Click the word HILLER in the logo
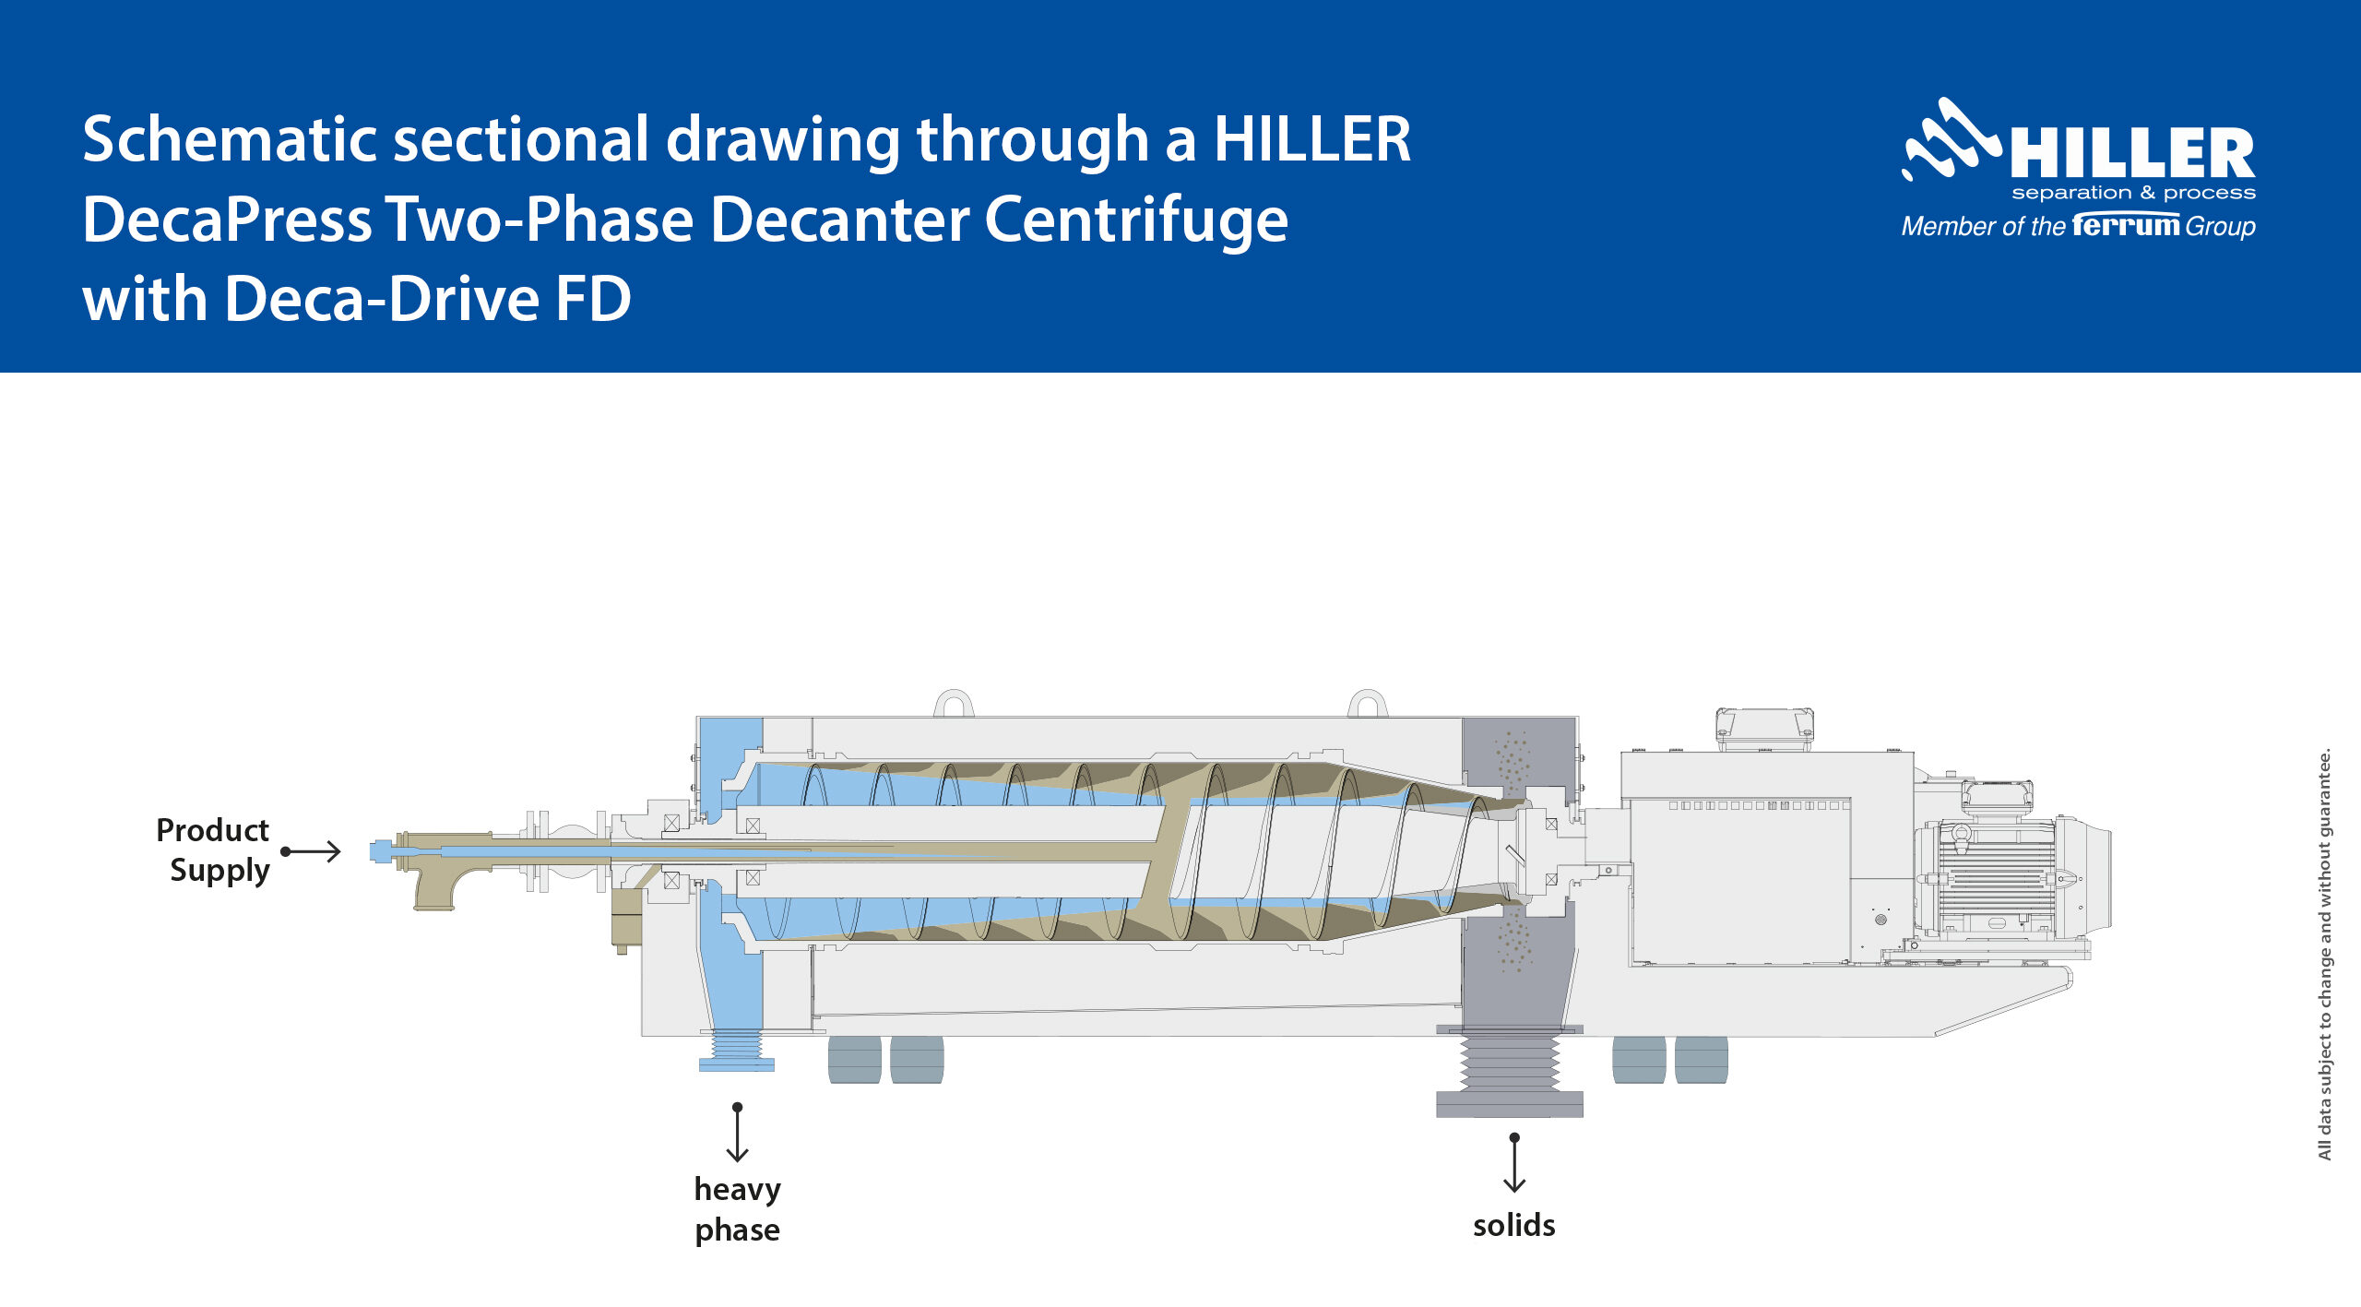pos(2132,153)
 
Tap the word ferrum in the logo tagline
pos(2126,225)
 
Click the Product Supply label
pos(215,850)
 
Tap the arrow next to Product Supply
pos(312,851)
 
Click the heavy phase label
pos(737,1208)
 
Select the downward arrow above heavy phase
pos(737,1133)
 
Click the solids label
pos(1513,1225)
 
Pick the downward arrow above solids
pos(1514,1163)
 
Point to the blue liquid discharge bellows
pos(736,1049)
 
